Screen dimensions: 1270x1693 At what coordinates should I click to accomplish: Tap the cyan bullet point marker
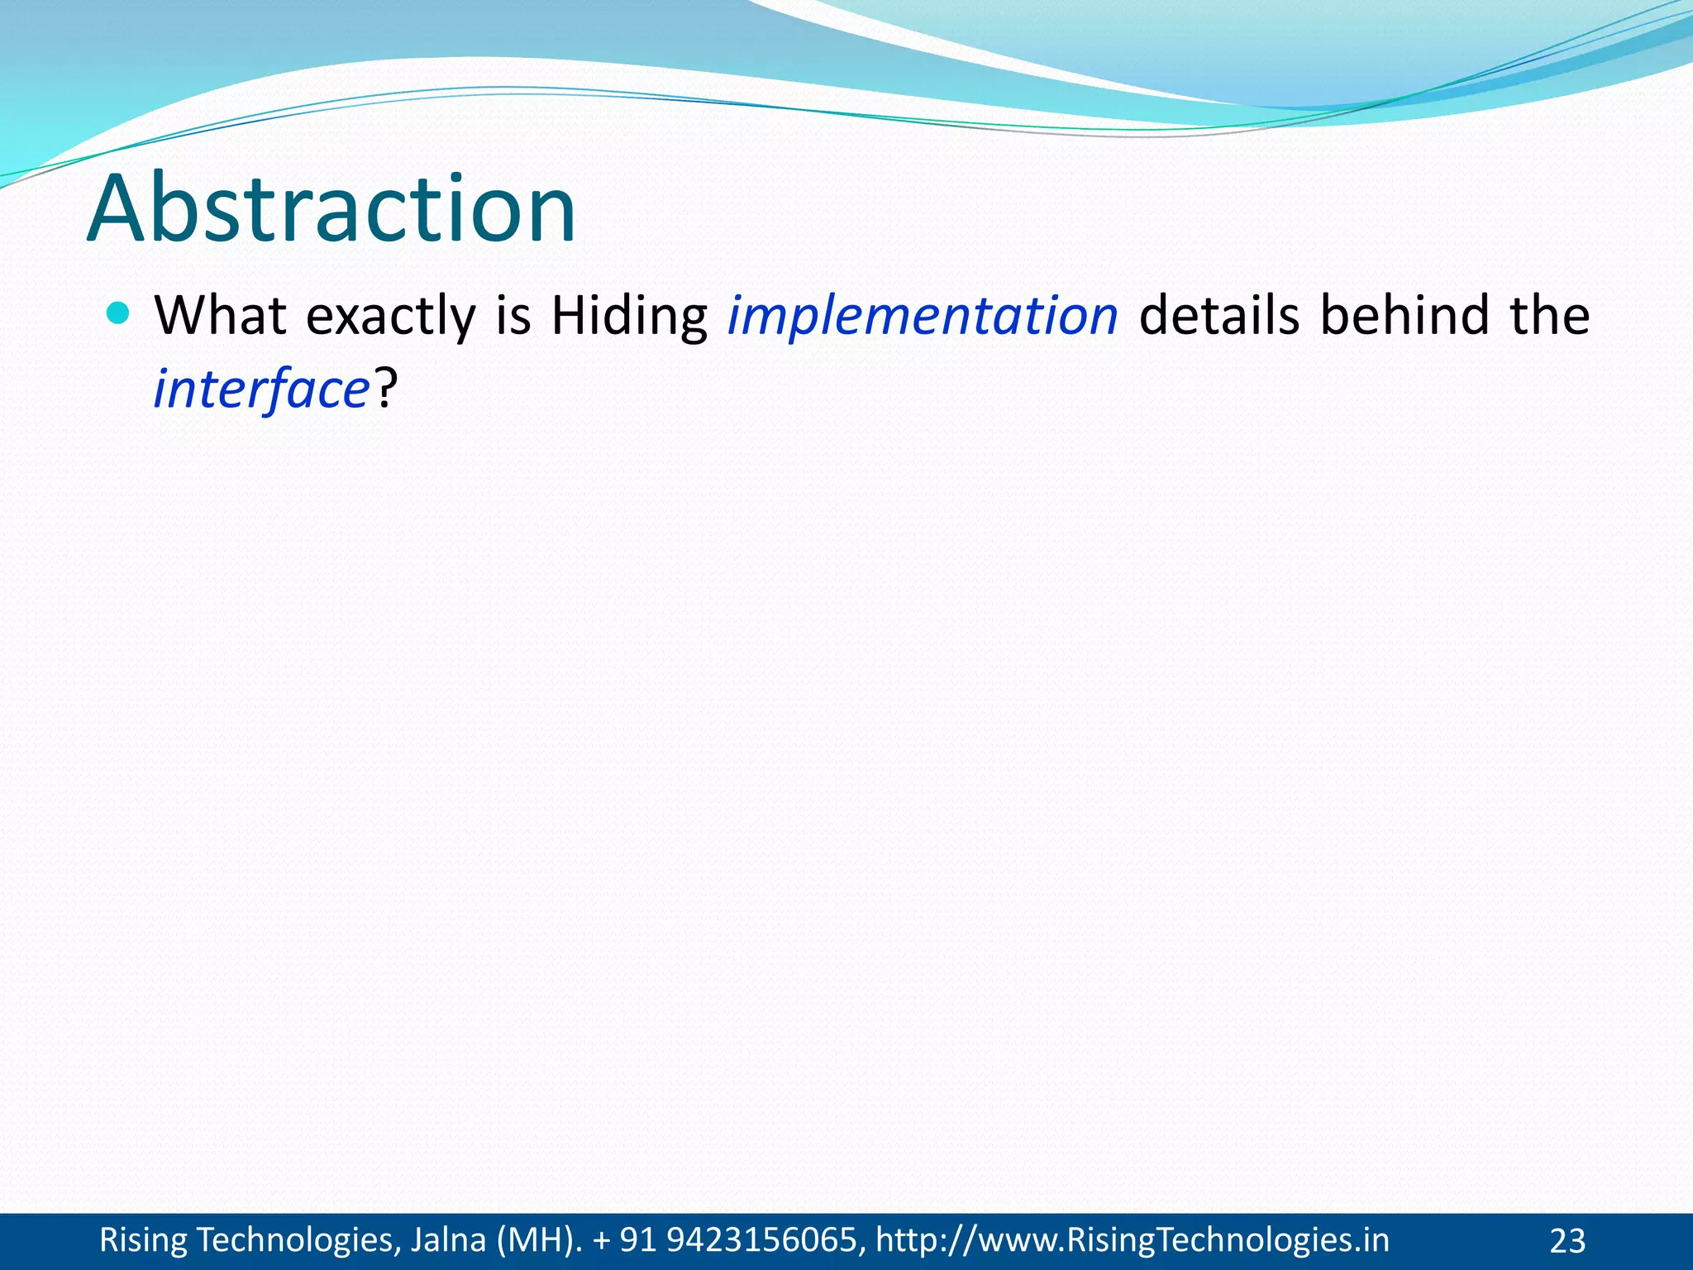tap(119, 313)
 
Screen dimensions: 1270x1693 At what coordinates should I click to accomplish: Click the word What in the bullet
tap(221, 315)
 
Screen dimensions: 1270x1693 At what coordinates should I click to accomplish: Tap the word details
tap(1219, 315)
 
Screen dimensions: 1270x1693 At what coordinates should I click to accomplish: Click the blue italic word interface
tap(261, 389)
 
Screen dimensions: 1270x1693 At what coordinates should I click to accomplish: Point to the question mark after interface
tap(386, 388)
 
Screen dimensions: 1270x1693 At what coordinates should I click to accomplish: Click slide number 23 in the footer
tap(1567, 1241)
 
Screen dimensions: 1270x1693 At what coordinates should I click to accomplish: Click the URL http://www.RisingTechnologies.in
tap(1133, 1240)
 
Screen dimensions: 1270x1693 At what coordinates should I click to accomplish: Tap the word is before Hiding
tap(513, 315)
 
